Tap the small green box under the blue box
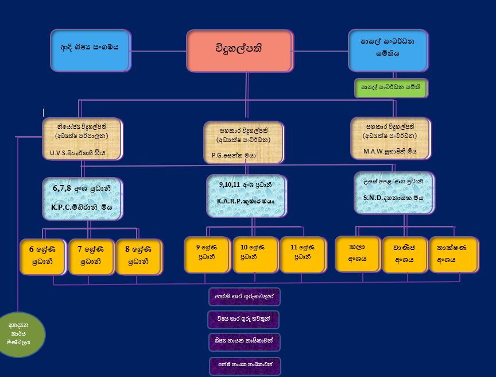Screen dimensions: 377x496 pyautogui.click(x=390, y=88)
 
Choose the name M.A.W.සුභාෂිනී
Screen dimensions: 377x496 pyautogui.click(x=389, y=152)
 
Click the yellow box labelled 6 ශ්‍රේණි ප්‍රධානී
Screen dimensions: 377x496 pyautogui.click(x=42, y=255)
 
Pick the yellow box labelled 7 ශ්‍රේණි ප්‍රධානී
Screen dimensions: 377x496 pyautogui.click(x=90, y=255)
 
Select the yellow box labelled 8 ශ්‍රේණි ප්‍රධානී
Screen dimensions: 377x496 pyautogui.click(x=138, y=255)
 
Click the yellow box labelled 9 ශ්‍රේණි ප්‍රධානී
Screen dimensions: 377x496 pyautogui.click(x=207, y=253)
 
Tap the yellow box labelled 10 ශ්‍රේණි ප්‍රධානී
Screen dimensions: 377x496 pyautogui.click(x=254, y=253)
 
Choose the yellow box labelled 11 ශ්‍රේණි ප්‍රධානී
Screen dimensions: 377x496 pyautogui.click(x=303, y=253)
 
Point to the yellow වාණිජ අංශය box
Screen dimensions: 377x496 pyautogui.click(x=405, y=253)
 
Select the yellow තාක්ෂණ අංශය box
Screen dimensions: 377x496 pyautogui.click(x=453, y=253)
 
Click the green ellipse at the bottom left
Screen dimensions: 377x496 pyautogui.click(x=22, y=334)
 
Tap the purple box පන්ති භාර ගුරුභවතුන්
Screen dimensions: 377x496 pyautogui.click(x=244, y=297)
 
